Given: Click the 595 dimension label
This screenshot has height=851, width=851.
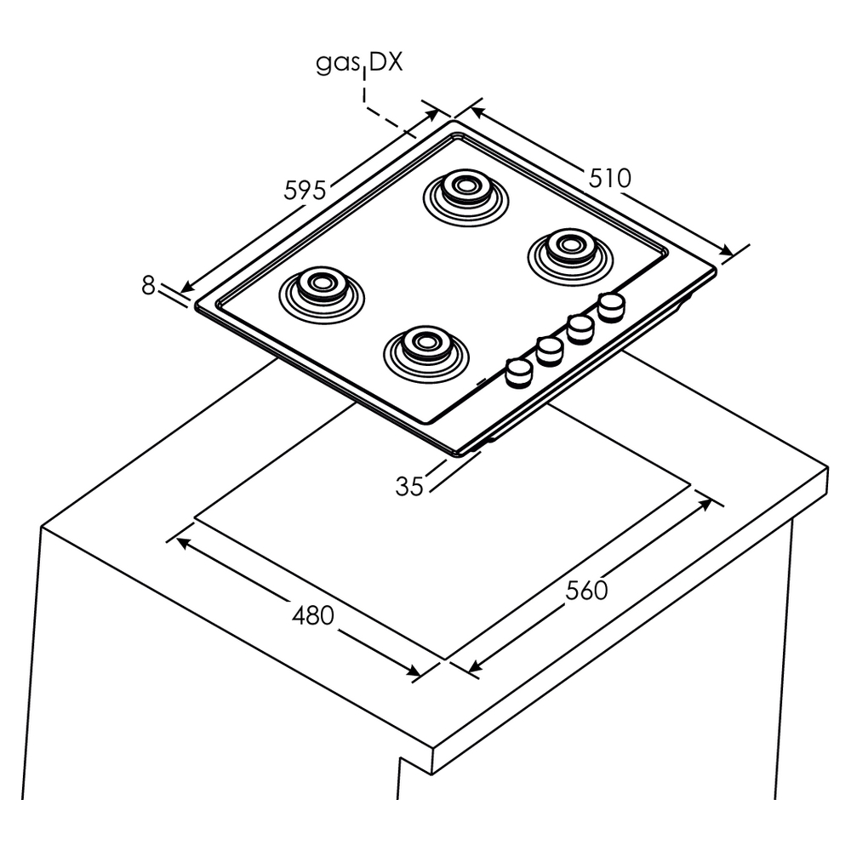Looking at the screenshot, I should [305, 190].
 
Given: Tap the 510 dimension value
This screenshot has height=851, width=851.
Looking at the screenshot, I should [609, 178].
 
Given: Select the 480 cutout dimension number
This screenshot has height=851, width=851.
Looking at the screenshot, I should [312, 614].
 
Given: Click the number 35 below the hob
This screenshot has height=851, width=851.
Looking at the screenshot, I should [410, 486].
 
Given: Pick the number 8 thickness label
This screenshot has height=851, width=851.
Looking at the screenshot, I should [149, 286].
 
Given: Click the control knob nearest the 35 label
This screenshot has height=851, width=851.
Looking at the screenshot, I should [518, 371].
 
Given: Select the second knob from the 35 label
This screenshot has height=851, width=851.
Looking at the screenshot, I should [550, 348].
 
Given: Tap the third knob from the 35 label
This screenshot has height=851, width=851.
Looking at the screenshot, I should [580, 326].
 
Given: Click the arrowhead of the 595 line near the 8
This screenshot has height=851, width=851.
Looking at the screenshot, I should [185, 288].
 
